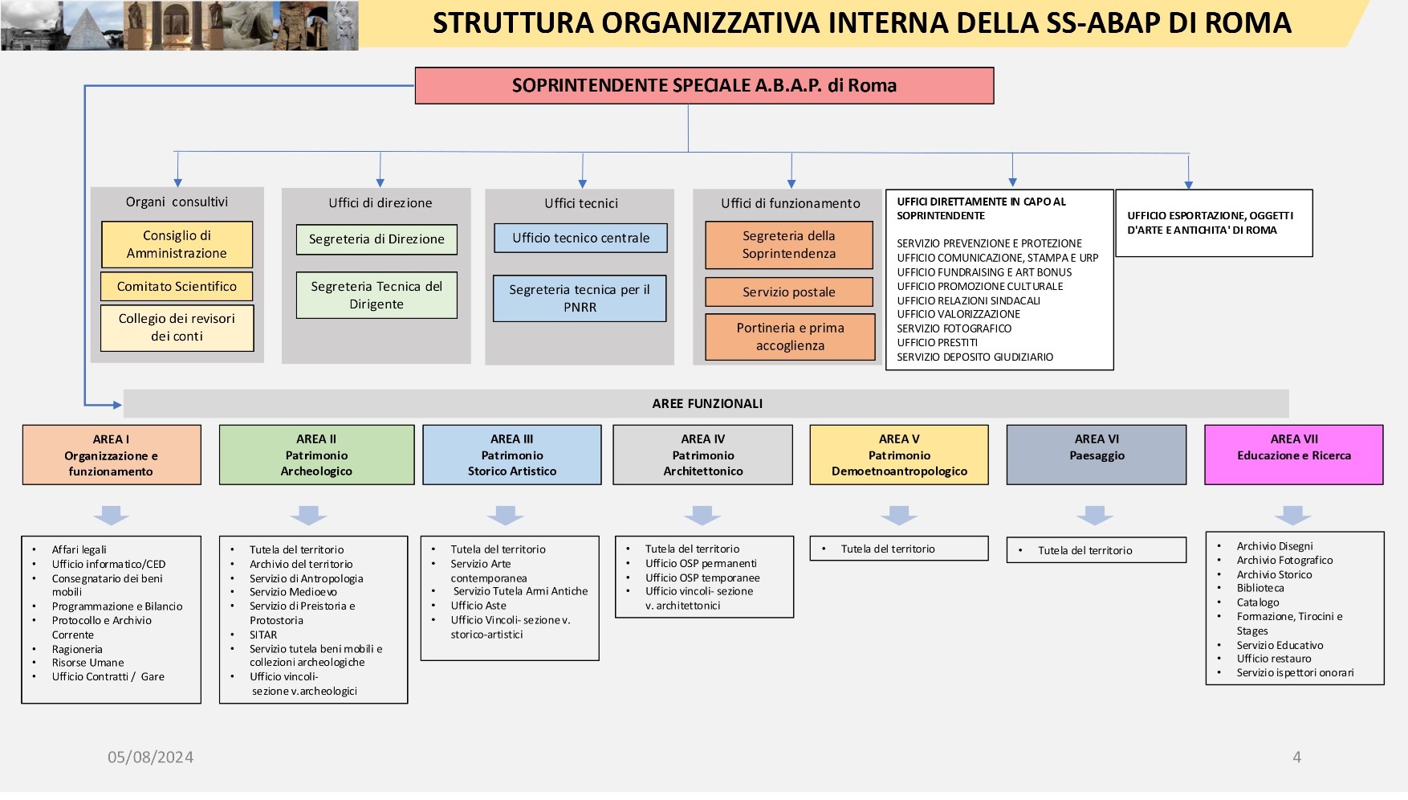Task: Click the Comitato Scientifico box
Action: coord(177,287)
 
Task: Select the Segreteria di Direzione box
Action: coord(376,239)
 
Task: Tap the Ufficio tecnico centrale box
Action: coord(580,238)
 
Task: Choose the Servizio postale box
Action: coord(789,292)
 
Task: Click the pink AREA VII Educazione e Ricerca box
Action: coord(1294,455)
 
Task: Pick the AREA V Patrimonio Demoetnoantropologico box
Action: coord(899,455)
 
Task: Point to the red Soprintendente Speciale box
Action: coord(704,86)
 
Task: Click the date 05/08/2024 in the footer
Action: coord(151,757)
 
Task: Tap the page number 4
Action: coord(1296,757)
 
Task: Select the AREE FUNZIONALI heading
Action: coord(707,404)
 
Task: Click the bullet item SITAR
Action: coord(263,635)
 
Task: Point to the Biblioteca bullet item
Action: coord(1260,588)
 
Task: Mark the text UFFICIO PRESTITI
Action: coord(937,343)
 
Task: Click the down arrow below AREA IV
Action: coord(702,515)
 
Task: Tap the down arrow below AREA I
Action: coord(112,515)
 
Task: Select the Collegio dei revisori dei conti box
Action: coord(177,328)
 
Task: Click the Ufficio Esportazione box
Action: coord(1214,223)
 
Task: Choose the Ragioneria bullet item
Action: coord(77,649)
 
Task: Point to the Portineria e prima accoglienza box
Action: coord(790,337)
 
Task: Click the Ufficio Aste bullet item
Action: coord(478,606)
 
